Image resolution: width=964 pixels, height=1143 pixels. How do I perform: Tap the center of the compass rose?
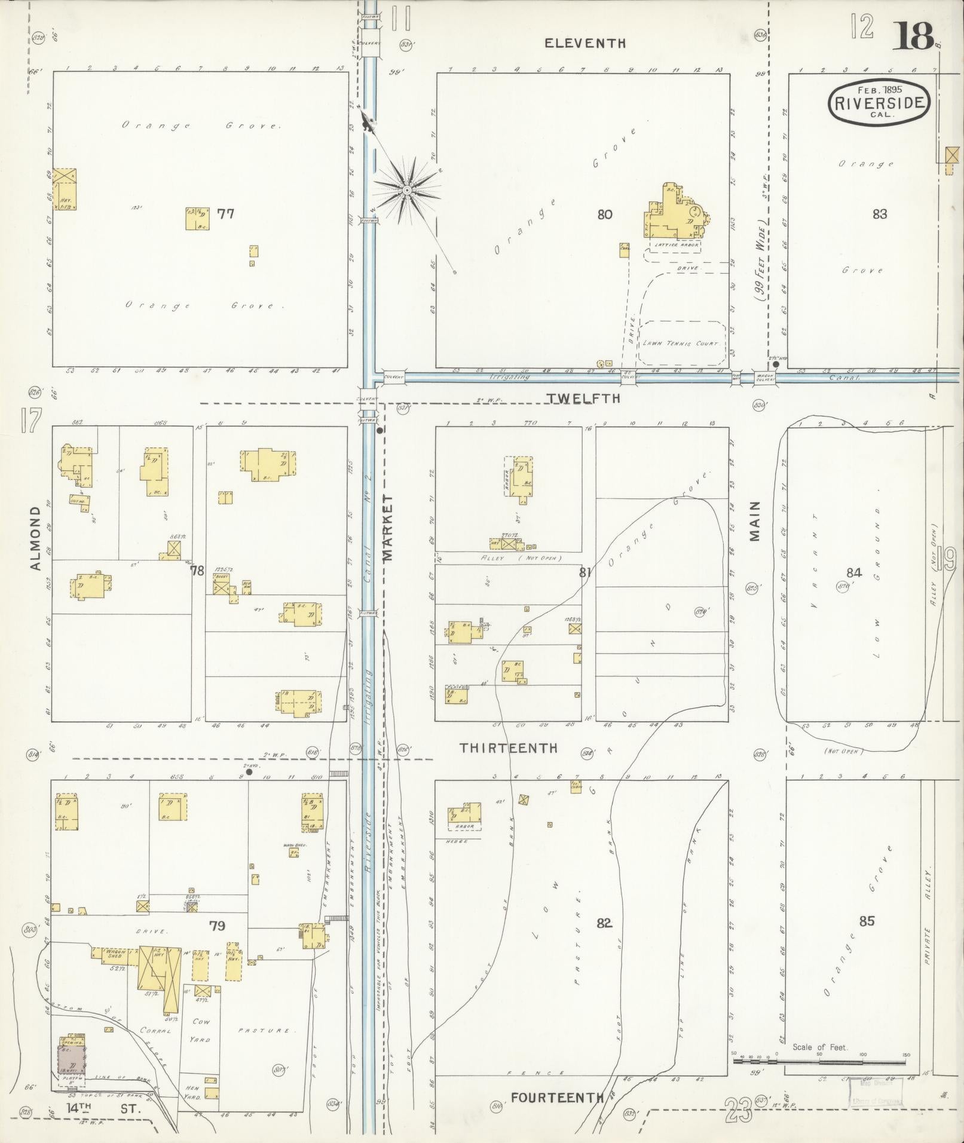click(406, 191)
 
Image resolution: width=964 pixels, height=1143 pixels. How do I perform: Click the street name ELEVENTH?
click(585, 43)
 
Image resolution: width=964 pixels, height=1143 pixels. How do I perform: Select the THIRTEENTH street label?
click(509, 748)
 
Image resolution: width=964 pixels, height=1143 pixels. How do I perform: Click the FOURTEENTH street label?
click(557, 1098)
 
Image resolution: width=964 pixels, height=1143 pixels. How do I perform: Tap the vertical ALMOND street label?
click(35, 538)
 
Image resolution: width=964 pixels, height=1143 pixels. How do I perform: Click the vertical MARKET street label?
click(388, 528)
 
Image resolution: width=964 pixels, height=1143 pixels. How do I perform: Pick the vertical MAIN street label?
click(755, 521)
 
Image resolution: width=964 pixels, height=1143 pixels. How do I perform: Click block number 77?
click(225, 213)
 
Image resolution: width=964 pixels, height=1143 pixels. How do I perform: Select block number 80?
click(605, 214)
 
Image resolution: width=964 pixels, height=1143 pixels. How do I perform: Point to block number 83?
click(879, 214)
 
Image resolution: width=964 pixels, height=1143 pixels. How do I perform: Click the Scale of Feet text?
click(820, 1047)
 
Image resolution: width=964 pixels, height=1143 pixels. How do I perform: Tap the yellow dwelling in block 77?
click(197, 219)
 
